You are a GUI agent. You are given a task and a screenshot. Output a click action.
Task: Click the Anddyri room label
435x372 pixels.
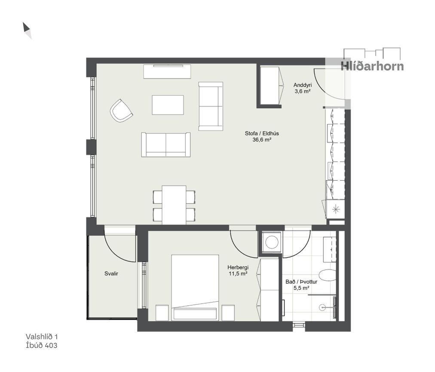point(302,85)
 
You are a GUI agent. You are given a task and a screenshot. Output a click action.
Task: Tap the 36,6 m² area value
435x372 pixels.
point(262,140)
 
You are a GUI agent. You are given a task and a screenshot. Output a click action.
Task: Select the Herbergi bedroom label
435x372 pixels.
point(238,267)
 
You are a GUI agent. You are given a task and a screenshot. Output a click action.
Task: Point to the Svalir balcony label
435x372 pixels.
point(111,274)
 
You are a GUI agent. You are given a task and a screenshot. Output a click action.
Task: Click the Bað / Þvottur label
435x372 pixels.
point(301,282)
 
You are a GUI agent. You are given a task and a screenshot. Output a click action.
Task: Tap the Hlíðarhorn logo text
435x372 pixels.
point(372,66)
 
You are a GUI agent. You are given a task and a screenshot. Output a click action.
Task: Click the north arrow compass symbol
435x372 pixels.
point(27,30)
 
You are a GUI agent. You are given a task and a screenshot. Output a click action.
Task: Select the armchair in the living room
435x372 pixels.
point(121,111)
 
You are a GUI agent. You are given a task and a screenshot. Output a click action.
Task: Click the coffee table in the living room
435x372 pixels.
point(168,105)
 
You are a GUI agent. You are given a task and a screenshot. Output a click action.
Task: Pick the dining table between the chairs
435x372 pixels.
point(174,205)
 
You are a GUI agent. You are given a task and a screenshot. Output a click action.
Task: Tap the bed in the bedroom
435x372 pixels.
point(195,287)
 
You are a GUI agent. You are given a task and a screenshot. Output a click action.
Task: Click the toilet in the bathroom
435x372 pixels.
point(328,275)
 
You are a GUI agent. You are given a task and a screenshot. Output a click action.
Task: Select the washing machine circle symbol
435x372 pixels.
point(272,242)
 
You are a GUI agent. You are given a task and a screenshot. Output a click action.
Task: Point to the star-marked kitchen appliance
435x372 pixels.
point(336,209)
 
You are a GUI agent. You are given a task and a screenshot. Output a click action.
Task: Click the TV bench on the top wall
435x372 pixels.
point(167,72)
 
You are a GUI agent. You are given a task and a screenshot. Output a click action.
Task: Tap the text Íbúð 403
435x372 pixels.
point(42,345)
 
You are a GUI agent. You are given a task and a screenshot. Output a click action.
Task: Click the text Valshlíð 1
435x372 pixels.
point(42,336)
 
